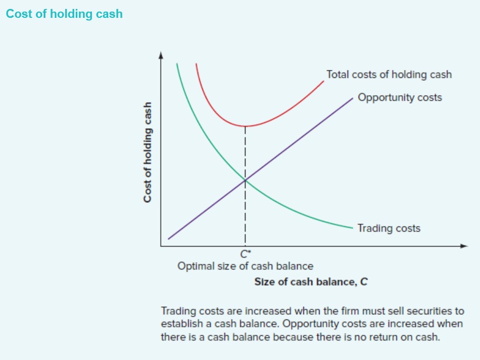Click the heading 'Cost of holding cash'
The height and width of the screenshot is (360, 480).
pos(64,14)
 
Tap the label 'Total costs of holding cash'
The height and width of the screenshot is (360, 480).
pos(389,74)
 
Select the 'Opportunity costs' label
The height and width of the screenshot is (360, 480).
pos(400,97)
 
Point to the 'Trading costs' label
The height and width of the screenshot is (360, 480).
pos(389,228)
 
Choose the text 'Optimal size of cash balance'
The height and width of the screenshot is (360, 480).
pos(245,266)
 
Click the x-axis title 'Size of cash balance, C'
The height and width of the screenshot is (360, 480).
pos(311,282)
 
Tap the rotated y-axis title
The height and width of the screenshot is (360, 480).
pos(148,151)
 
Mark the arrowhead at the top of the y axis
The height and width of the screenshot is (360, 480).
pos(161,54)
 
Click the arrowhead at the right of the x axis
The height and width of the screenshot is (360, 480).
pos(464,245)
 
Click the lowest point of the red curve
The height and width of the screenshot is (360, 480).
pos(245,126)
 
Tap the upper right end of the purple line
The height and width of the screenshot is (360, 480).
pos(352,98)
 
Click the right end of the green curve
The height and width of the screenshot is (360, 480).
pos(352,228)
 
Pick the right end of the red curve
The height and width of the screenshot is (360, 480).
pos(324,80)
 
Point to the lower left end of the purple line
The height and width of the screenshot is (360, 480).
pos(169,239)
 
